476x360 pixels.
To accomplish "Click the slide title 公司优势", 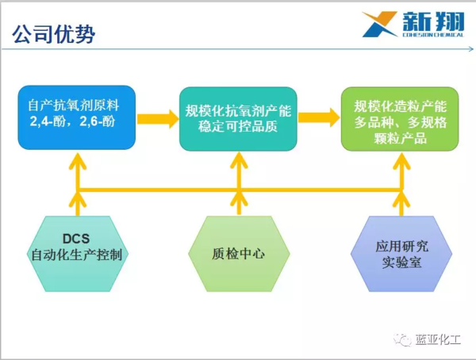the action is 54,33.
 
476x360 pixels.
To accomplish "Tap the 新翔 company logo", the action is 413,24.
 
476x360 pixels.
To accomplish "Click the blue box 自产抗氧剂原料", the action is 76,117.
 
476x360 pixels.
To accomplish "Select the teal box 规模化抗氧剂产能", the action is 238,119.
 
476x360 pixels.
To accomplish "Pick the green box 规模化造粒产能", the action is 400,119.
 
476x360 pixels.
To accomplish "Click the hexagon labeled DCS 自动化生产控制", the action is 78,254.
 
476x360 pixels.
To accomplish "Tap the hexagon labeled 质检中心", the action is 239,254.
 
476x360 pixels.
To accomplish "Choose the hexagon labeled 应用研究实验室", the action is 401,254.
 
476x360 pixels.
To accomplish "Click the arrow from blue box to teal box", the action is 158,119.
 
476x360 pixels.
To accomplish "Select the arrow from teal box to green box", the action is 320,117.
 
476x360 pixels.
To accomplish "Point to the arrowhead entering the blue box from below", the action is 78,161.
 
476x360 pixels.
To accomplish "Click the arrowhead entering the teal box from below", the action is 239,160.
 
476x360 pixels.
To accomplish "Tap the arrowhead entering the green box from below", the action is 401,161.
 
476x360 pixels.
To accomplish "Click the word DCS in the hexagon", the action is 76,239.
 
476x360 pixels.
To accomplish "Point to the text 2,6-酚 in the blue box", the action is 97,121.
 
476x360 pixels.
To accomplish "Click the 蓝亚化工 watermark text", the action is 438,339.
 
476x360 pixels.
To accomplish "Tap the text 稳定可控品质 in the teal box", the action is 238,127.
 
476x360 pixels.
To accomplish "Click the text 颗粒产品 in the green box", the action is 400,138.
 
